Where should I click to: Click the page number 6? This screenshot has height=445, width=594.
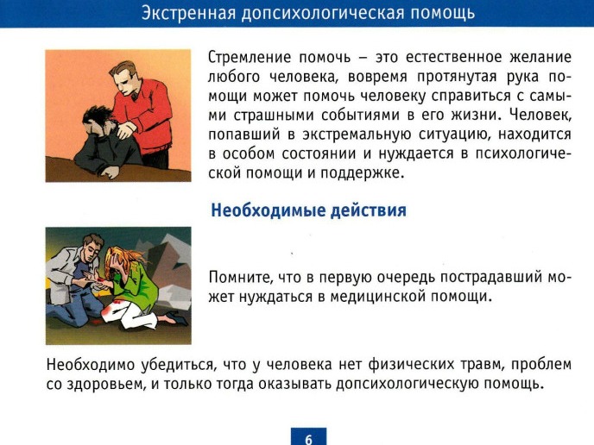(x=308, y=439)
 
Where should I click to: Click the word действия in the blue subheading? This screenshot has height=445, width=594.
(x=368, y=210)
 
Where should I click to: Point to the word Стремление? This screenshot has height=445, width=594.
(x=250, y=58)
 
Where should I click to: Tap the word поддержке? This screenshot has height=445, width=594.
(x=360, y=173)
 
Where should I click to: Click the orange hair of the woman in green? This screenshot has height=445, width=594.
(x=122, y=260)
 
